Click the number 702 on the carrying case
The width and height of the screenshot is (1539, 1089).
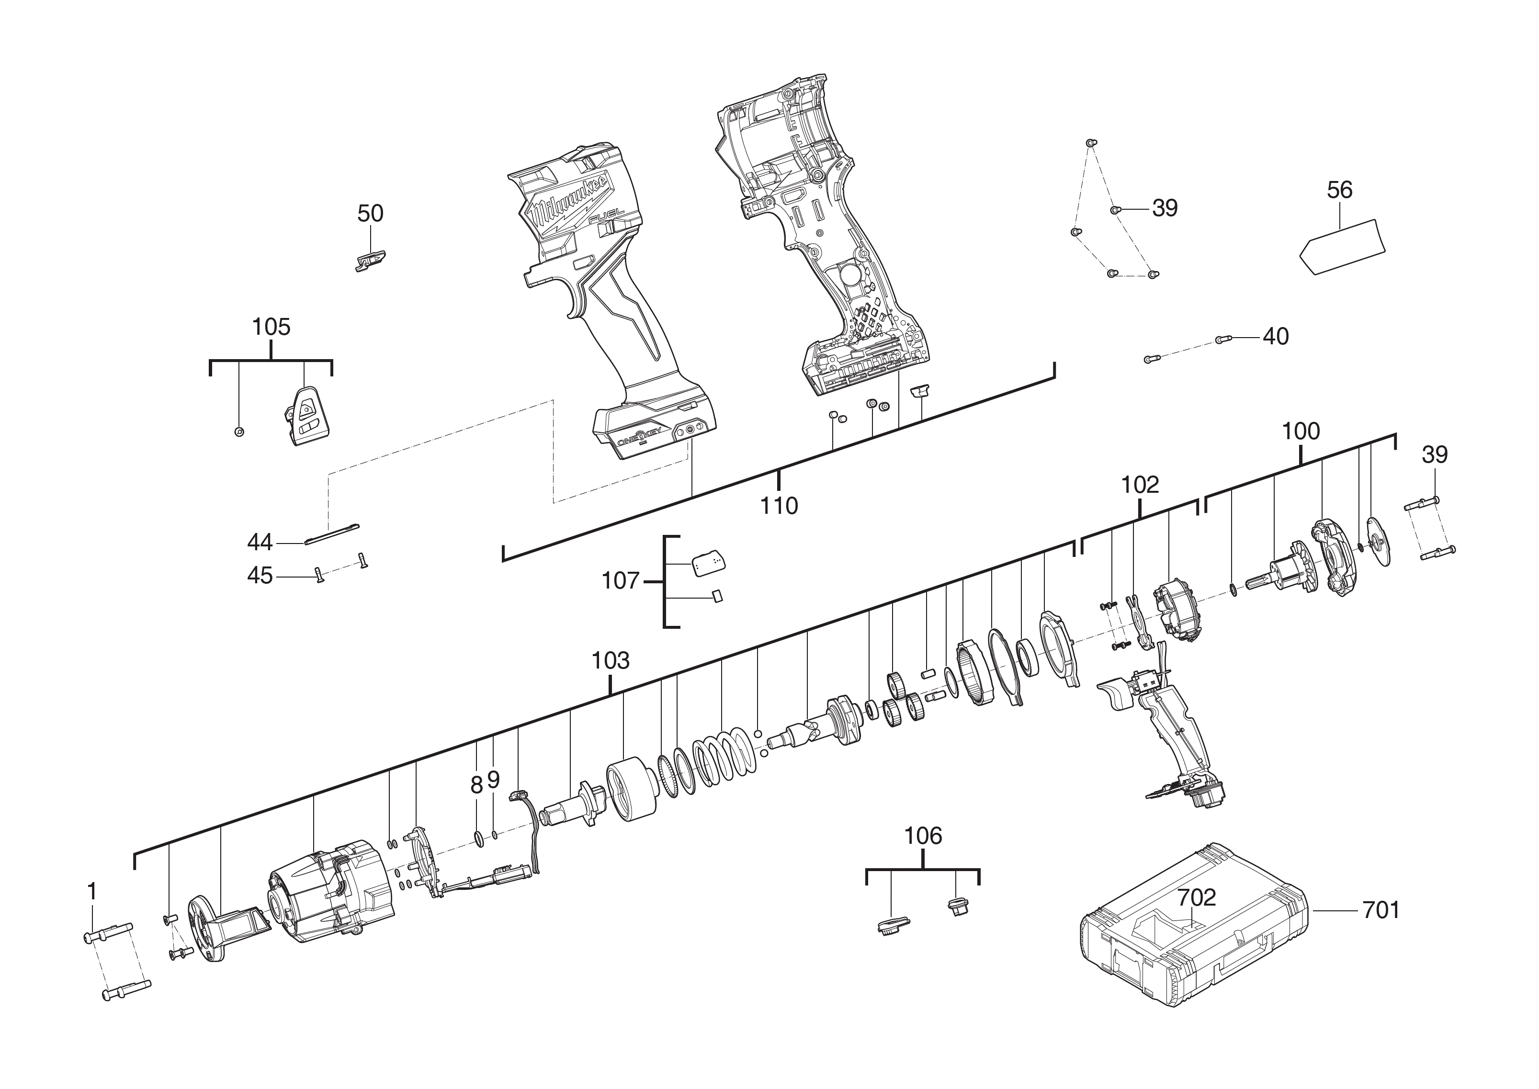pos(1197,897)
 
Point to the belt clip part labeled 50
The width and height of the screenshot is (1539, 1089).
pos(369,260)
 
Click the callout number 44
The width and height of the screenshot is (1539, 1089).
pos(260,542)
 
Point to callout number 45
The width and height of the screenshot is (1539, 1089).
pos(260,575)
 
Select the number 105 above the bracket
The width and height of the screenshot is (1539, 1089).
pos(271,327)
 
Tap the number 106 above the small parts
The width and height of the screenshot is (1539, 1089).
pos(923,836)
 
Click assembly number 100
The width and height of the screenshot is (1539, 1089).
pos(1301,431)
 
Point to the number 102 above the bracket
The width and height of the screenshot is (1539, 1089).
pos(1140,485)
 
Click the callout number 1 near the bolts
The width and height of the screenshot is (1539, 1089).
pos(92,892)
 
